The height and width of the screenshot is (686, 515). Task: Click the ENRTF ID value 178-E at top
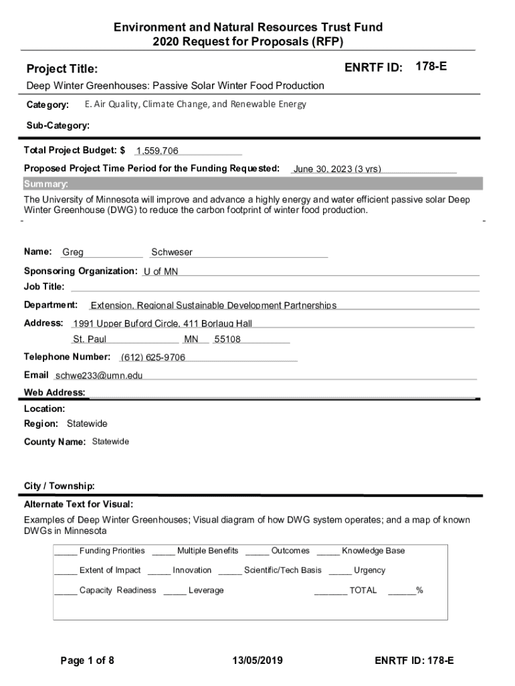431,67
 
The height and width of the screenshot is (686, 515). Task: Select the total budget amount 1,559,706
157,151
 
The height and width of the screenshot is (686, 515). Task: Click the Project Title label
62,69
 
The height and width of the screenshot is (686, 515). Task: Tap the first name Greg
73,253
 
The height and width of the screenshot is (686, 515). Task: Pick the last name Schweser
172,253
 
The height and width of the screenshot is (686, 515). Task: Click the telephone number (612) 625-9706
153,358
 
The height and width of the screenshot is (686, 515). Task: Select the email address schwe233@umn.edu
99,376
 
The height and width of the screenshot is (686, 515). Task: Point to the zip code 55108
227,340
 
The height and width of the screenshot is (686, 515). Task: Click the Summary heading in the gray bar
46,184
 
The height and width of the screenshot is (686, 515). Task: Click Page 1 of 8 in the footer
88,661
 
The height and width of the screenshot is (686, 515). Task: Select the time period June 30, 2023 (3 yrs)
337,169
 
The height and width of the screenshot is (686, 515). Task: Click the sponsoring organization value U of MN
161,271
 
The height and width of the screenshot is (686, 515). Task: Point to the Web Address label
55,393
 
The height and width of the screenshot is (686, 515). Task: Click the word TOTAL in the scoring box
363,590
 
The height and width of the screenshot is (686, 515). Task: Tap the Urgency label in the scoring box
369,570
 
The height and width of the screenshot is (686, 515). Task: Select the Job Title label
45,287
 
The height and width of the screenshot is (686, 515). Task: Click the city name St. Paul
90,340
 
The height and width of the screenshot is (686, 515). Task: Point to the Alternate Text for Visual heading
79,504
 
